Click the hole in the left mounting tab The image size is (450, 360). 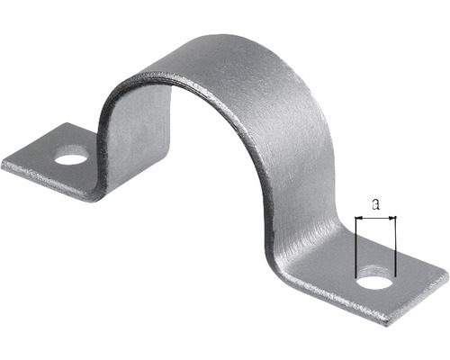click(x=71, y=159)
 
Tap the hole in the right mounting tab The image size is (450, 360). click(x=376, y=283)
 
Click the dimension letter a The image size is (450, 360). click(x=375, y=204)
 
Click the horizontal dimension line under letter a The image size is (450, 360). click(x=375, y=217)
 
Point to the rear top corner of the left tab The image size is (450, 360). click(x=67, y=123)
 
